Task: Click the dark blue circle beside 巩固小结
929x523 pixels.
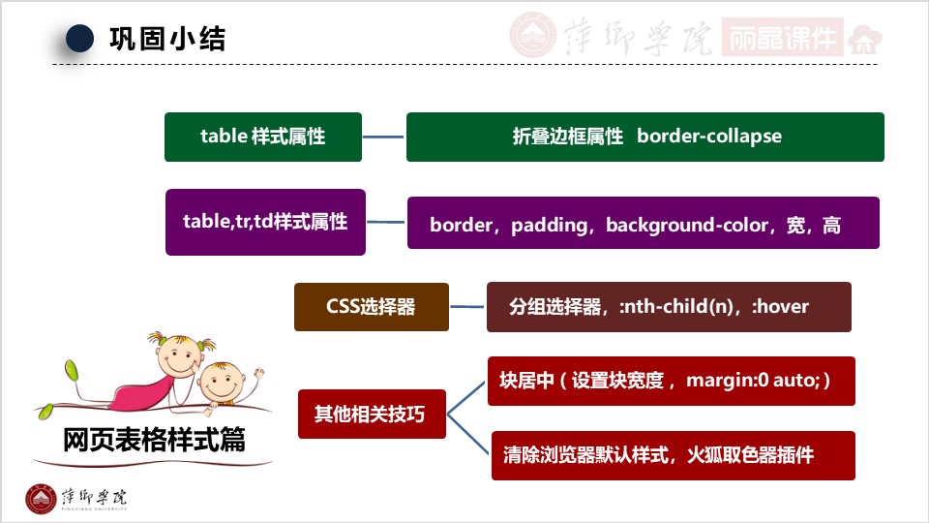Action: tap(79, 39)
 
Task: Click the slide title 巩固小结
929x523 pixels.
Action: tap(166, 39)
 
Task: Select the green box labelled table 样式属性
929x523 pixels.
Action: tap(263, 137)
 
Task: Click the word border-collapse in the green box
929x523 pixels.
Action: tap(709, 137)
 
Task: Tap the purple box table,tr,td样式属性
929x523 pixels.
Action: tap(265, 222)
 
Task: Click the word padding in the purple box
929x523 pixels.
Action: tap(549, 226)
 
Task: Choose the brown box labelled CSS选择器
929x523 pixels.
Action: tap(372, 307)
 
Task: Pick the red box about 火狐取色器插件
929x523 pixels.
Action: tap(674, 454)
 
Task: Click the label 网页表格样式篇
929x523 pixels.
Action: tap(154, 441)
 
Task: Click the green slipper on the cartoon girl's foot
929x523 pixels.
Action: tap(71, 369)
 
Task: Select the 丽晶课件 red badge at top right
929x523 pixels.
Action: tap(782, 37)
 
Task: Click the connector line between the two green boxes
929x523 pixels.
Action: tap(384, 137)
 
